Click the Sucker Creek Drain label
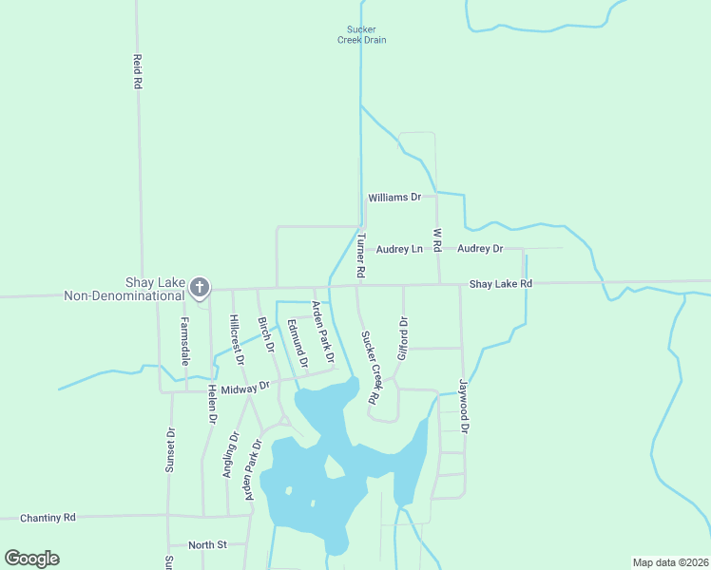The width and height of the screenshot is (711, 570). coord(361,34)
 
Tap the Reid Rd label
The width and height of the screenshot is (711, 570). coord(138,71)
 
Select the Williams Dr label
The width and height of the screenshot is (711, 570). coord(394,198)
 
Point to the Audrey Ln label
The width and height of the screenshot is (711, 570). coord(399,249)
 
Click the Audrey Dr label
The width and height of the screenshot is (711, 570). coord(480,249)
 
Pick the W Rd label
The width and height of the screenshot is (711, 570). coord(437,239)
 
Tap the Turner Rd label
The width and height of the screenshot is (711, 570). coord(361,255)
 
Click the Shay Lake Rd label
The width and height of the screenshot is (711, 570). coord(501,284)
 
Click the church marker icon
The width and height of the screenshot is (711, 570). coord(199,286)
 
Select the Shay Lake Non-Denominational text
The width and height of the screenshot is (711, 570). coord(124,289)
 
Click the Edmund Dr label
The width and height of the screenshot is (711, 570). coord(298,344)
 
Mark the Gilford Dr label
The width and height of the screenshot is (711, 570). coord(402,337)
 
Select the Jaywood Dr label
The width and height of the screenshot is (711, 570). coord(465,408)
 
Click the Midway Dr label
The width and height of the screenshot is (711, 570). coord(245,388)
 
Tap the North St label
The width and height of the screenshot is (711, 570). coord(207,544)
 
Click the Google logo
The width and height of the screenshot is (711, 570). coord(32,559)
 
